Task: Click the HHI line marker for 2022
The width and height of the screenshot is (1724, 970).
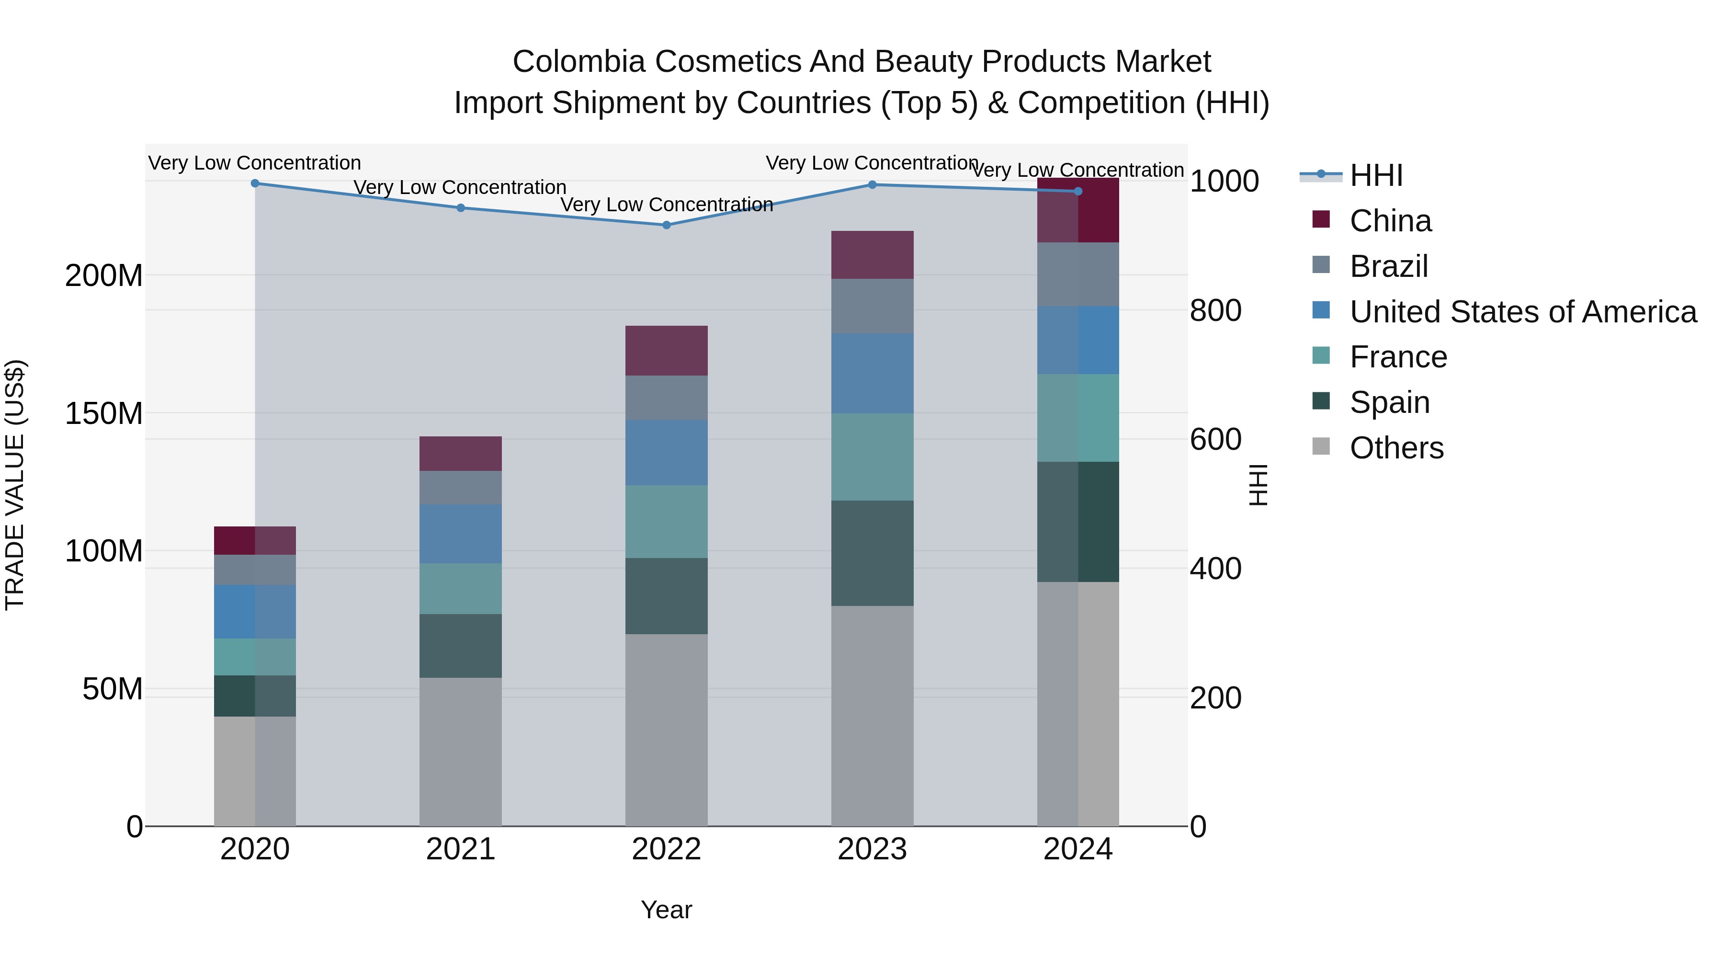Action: click(666, 225)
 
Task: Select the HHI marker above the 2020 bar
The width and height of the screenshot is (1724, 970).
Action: click(254, 183)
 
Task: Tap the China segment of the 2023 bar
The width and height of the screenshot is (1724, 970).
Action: click(872, 255)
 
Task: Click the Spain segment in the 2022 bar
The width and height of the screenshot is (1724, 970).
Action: click(666, 596)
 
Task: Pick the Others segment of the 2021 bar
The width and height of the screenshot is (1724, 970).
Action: click(460, 751)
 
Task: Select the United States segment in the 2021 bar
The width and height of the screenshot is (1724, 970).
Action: click(460, 534)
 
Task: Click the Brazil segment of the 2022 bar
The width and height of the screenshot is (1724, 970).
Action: click(666, 398)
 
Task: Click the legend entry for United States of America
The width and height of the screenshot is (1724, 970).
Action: click(1522, 312)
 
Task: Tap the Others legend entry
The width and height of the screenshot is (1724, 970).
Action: click(1395, 448)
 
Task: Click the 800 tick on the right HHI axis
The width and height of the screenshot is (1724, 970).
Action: click(1215, 310)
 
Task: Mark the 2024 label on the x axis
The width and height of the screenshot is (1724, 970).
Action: click(1077, 849)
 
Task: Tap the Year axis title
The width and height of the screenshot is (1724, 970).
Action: click(666, 910)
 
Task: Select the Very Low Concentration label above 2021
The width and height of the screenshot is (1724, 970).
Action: click(460, 187)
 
